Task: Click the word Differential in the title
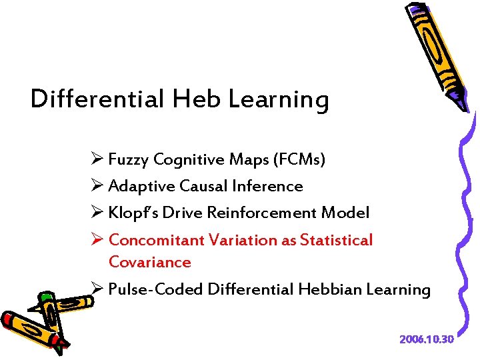pos(97,99)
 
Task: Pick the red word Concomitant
pos(156,239)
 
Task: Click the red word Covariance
pos(149,262)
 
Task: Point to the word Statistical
pos(336,239)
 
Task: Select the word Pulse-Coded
pos(155,289)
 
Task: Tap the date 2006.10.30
pos(426,339)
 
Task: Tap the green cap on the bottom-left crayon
pos(45,297)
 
